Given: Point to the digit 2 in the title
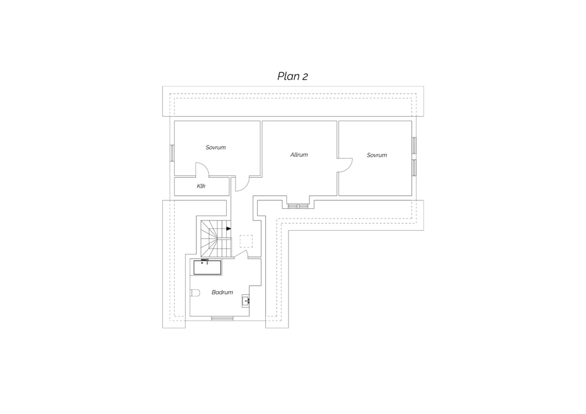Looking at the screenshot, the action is click(x=305, y=77).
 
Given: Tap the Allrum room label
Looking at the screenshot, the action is click(x=299, y=155).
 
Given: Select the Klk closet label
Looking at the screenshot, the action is click(x=201, y=186).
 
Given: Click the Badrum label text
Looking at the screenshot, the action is click(x=222, y=292).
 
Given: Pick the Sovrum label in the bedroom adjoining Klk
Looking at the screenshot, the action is click(x=216, y=148).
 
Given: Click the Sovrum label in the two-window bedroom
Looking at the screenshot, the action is click(x=377, y=155).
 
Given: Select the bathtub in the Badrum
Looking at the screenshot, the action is click(x=207, y=267).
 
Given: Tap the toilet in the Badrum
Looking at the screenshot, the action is click(x=195, y=293).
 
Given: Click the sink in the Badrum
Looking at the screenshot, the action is click(x=246, y=301).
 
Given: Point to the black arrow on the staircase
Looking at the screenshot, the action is click(x=229, y=228).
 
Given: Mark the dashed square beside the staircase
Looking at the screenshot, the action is click(x=246, y=241).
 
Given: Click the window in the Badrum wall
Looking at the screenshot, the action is click(x=222, y=318).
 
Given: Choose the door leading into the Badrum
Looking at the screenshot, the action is click(x=241, y=254).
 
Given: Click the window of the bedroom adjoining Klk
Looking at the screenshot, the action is click(x=172, y=153).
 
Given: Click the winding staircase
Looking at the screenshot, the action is click(x=216, y=239).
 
